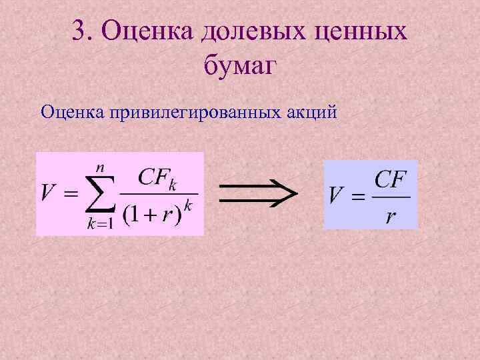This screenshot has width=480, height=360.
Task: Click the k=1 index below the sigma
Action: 100,224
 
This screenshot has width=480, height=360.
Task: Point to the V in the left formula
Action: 49,193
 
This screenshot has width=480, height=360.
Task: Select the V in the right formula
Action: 337,195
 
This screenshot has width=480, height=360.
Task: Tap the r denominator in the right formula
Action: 391,217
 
